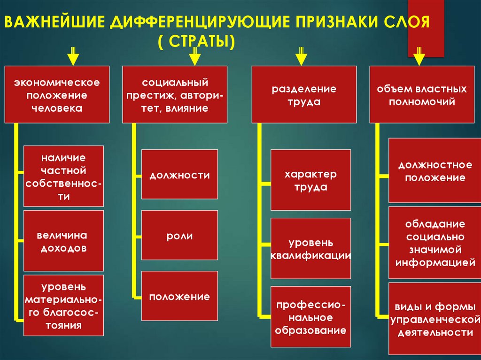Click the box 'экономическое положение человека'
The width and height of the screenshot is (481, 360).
pos(57,95)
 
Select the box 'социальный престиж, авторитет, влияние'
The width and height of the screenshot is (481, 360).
pos(175,95)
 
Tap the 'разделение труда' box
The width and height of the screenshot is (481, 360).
pos(304,95)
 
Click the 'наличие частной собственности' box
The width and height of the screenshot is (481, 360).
pos(63,176)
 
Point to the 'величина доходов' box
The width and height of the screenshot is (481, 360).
pos(63,241)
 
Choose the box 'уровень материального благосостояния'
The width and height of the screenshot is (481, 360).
pos(63,305)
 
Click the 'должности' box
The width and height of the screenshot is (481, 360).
pos(179,174)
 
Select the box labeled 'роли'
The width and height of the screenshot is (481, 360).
pos(179,235)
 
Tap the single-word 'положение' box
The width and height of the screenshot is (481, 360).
pos(179,296)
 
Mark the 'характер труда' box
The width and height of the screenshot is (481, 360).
pos(310,180)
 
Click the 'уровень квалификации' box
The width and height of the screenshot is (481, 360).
pos(310,248)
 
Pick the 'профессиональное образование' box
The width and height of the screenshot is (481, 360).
pos(310,318)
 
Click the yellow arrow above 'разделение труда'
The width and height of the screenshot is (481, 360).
pos(300,56)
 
